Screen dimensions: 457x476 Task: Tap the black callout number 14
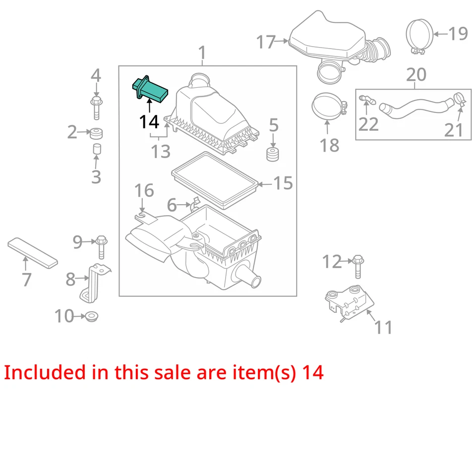[149, 121]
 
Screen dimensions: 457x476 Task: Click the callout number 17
[266, 42]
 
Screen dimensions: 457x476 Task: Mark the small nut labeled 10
[91, 315]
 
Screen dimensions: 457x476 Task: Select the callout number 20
[416, 74]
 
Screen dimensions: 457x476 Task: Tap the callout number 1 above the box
[202, 52]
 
